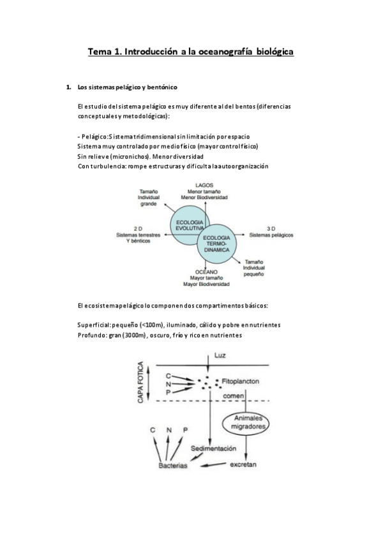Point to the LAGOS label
coord(204,184)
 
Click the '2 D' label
coord(137,228)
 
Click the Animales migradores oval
coord(246,422)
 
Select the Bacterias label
coord(173,466)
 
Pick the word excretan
coord(243,464)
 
